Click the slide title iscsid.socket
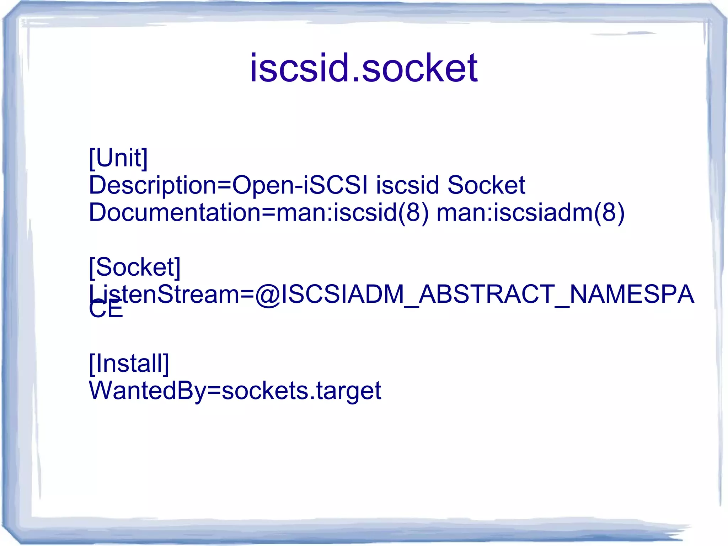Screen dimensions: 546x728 [x=363, y=68]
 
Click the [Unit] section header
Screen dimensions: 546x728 [x=118, y=158]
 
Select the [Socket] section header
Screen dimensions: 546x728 [x=135, y=267]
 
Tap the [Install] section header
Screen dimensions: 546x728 [x=129, y=363]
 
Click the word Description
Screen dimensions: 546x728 [x=152, y=185]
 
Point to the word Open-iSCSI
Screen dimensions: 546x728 [x=300, y=185]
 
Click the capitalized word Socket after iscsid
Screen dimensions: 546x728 [x=486, y=185]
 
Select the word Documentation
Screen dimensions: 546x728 [x=174, y=212]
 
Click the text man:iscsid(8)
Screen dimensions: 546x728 [x=352, y=212]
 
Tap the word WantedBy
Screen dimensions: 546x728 [x=147, y=391]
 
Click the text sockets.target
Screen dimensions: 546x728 [x=301, y=391]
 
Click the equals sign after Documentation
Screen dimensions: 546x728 [x=268, y=212]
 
